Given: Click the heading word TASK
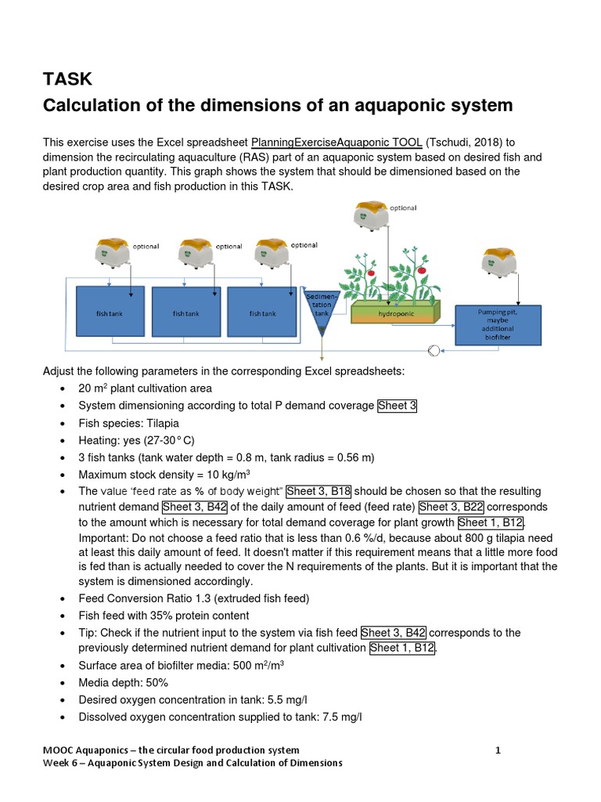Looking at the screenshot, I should coord(67,78).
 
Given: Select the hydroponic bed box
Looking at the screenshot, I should coord(396,312).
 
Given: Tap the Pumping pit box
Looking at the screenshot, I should coord(498,324).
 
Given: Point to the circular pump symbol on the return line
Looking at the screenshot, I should coord(435,350).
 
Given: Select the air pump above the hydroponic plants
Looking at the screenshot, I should coord(372,215).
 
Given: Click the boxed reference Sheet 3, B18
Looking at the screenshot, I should coord(318,491).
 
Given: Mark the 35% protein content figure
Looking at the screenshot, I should coord(170,615).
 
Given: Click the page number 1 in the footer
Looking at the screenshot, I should coord(498,750).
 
